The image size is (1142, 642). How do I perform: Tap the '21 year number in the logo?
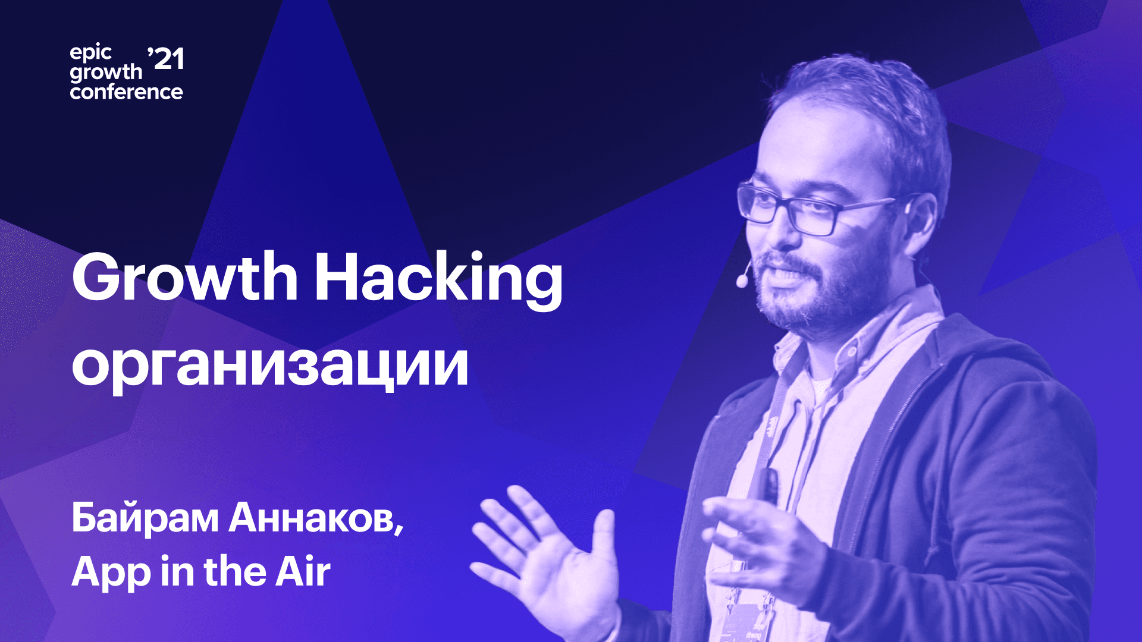pyautogui.click(x=165, y=59)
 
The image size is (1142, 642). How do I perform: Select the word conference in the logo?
pyautogui.click(x=126, y=92)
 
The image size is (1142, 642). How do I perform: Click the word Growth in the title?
pyautogui.click(x=185, y=277)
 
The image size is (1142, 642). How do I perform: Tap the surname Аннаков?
pyautogui.click(x=316, y=518)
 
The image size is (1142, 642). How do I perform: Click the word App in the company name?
pyautogui.click(x=111, y=572)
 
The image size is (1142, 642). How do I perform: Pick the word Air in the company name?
pyautogui.click(x=303, y=571)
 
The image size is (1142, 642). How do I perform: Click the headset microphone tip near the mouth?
pyautogui.click(x=742, y=281)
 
